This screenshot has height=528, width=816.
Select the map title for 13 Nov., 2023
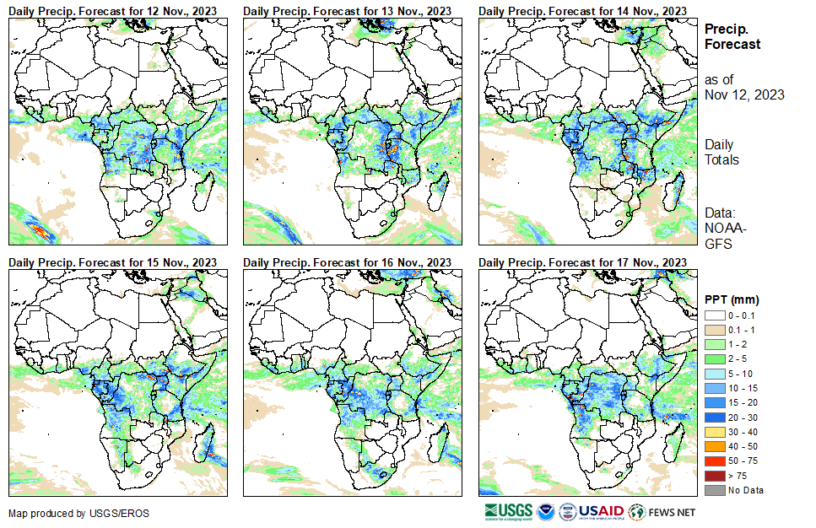click(348, 10)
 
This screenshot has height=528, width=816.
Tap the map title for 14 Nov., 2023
click(582, 10)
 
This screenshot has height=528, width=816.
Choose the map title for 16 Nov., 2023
click(348, 262)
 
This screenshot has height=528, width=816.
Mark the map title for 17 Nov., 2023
click(582, 262)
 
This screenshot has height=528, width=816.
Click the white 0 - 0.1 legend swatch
click(714, 315)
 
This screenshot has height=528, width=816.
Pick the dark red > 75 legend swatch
click(714, 477)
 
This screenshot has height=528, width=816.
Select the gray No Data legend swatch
click(714, 490)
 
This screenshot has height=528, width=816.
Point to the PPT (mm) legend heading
click(732, 299)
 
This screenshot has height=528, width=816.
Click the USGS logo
click(509, 512)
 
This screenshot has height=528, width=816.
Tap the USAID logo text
click(601, 512)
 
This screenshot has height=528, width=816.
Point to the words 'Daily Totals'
click(722, 152)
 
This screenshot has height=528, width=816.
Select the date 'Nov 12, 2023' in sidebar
click(744, 94)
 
